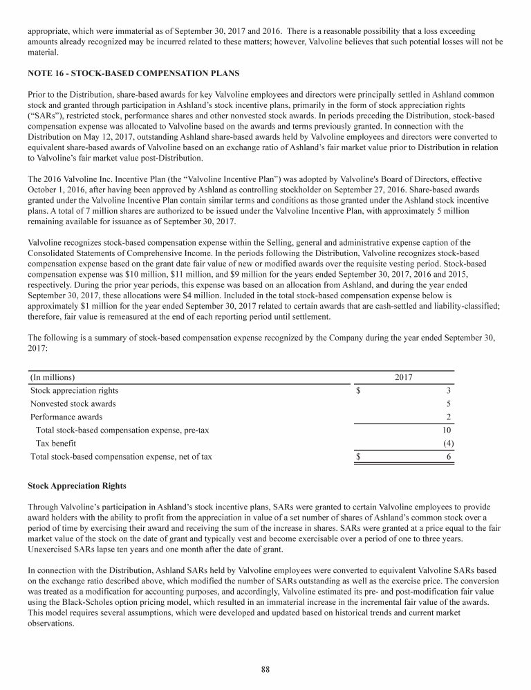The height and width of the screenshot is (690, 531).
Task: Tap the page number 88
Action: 265,668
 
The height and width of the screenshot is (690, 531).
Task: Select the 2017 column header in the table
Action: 404,377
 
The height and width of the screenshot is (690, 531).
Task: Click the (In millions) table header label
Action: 53,377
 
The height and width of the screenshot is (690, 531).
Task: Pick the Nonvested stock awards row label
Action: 73,403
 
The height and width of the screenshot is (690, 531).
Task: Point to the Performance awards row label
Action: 66,417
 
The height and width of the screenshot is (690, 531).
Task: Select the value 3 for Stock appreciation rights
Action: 450,390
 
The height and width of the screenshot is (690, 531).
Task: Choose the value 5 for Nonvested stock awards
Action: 450,403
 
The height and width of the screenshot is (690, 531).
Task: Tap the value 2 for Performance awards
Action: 450,417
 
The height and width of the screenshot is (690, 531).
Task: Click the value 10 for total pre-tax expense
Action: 448,430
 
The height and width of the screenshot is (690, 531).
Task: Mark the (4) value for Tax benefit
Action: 447,443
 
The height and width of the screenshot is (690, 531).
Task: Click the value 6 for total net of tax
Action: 450,456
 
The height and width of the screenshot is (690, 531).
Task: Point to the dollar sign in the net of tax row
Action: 358,456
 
